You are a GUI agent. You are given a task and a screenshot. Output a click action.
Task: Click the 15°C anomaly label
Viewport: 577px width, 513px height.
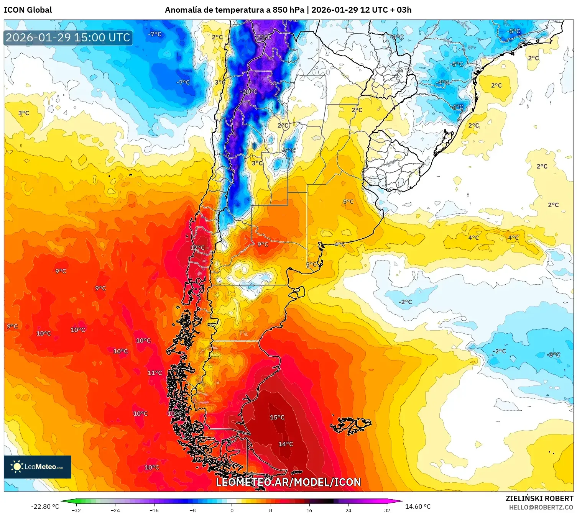(277, 417)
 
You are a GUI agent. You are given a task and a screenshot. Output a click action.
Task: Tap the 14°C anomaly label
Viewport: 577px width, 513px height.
(286, 444)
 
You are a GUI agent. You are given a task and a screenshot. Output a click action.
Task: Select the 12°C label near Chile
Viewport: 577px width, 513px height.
(197, 248)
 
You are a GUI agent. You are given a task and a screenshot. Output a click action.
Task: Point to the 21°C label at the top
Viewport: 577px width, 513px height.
(264, 37)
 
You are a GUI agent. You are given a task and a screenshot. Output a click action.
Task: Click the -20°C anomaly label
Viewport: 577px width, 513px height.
(248, 92)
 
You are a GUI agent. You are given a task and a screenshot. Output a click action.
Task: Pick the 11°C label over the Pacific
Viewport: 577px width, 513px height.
(155, 373)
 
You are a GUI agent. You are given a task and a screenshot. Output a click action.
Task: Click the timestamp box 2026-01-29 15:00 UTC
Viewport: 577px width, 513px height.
(68, 38)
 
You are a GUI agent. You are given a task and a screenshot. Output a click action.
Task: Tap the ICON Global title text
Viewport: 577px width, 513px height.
(28, 10)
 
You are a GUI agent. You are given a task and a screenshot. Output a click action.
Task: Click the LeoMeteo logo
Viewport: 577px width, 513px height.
(38, 467)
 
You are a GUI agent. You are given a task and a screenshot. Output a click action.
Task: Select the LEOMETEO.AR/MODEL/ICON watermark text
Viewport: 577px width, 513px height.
(288, 482)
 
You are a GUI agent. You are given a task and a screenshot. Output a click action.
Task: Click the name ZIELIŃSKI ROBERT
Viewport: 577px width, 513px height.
(539, 498)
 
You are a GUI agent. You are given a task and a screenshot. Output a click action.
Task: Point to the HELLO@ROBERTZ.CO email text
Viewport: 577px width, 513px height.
(541, 507)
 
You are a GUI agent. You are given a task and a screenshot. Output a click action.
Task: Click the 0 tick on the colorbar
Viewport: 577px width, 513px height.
(232, 510)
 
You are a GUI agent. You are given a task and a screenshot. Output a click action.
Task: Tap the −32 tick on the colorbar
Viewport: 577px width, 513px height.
(76, 510)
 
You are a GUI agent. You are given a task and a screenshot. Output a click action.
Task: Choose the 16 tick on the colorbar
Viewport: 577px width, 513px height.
(309, 510)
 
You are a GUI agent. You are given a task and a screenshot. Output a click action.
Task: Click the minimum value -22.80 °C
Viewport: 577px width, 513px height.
(45, 506)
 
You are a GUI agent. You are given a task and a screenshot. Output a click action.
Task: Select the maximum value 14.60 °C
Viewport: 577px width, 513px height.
(418, 506)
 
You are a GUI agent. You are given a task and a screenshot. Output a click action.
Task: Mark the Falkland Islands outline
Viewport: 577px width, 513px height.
(351, 425)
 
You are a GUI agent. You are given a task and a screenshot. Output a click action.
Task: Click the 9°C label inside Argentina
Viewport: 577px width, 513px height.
(263, 244)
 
